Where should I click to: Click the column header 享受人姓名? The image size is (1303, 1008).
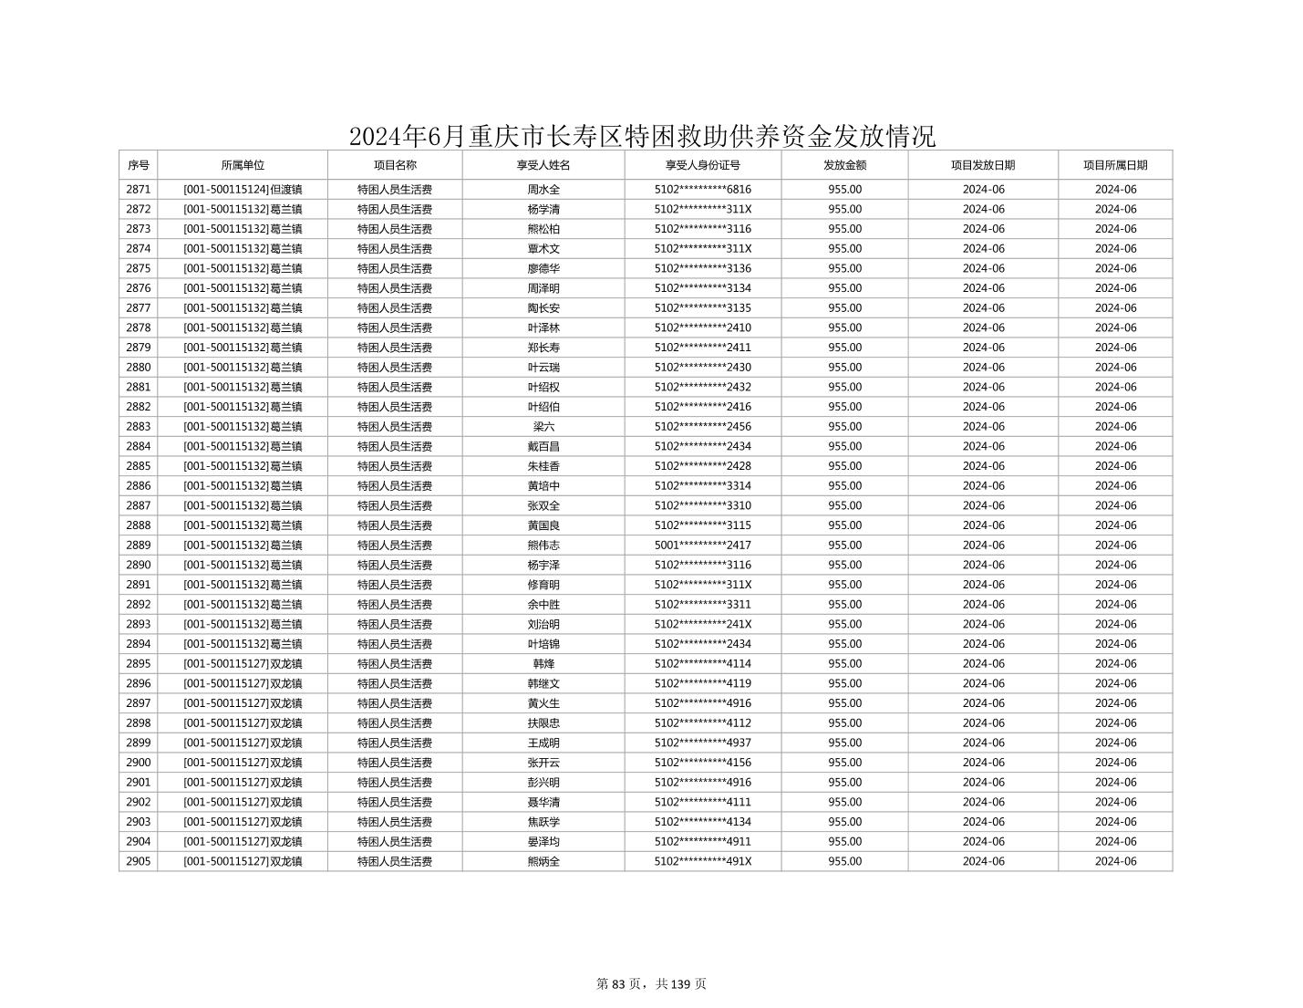pyautogui.click(x=543, y=165)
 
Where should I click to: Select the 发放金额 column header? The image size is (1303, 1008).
pyautogui.click(x=844, y=165)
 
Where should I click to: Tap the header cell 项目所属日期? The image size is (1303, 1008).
pyautogui.click(x=1114, y=165)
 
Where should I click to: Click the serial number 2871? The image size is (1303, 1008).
pyautogui.click(x=138, y=190)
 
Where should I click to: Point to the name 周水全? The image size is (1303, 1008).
pyautogui.click(x=543, y=190)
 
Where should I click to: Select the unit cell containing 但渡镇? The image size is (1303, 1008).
pyautogui.click(x=243, y=190)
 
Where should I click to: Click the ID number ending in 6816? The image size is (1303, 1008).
pyautogui.click(x=702, y=190)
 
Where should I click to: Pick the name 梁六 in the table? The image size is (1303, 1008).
pyautogui.click(x=543, y=427)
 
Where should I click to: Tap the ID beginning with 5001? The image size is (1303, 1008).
pyautogui.click(x=702, y=546)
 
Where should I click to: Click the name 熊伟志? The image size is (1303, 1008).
pyautogui.click(x=543, y=546)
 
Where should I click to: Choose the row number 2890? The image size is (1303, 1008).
pyautogui.click(x=138, y=566)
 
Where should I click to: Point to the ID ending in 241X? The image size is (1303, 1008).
pyautogui.click(x=702, y=625)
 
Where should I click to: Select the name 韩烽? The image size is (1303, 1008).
pyautogui.click(x=543, y=664)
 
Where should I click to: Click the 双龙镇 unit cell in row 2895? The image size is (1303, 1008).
pyautogui.click(x=243, y=664)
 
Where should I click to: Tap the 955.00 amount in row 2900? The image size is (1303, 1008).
pyautogui.click(x=844, y=763)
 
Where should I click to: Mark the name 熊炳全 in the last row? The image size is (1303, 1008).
pyautogui.click(x=543, y=862)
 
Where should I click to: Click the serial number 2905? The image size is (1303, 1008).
pyautogui.click(x=138, y=862)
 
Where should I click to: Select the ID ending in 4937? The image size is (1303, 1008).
pyautogui.click(x=702, y=743)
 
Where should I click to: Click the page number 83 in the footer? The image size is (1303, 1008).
pyautogui.click(x=619, y=984)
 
